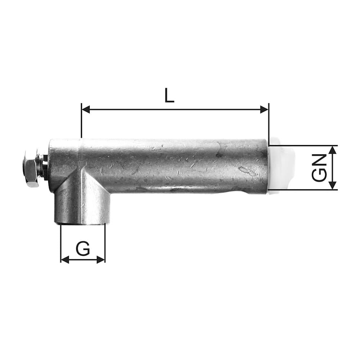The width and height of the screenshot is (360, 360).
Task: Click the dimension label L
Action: pos(169,95)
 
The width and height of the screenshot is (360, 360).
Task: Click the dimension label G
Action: pos(83,248)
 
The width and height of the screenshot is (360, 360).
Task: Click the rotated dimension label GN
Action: pos(319,168)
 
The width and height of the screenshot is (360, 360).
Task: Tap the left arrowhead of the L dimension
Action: pos(86,109)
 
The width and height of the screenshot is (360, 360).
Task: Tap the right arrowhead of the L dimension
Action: pos(264,109)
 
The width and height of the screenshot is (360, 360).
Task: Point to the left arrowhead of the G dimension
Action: pos(65,260)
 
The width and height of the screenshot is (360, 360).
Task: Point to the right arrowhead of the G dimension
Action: pos(101,260)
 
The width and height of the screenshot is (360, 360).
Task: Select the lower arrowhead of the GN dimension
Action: pos(333,186)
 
